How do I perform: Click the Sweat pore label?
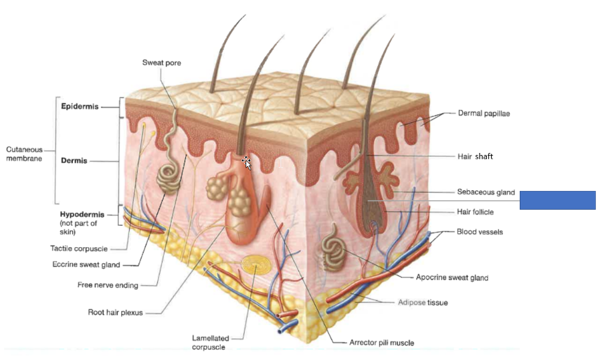[x=162, y=62]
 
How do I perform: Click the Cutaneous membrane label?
[x=24, y=154]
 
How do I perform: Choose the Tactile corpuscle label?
[x=80, y=248]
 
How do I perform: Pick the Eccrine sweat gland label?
[x=86, y=264]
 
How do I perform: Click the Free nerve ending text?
[x=108, y=285]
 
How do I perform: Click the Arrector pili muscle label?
[x=381, y=343]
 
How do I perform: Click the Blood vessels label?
[x=480, y=232]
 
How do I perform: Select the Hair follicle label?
[x=476, y=212]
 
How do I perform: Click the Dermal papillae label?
[x=484, y=114]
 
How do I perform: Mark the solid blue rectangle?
[x=557, y=200]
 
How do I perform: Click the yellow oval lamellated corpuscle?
[x=254, y=265]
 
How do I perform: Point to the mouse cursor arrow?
[x=247, y=162]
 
